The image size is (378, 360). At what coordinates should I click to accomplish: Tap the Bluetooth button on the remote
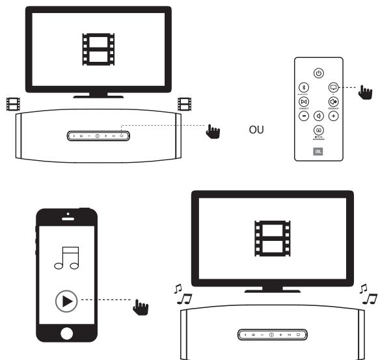(x=303, y=87)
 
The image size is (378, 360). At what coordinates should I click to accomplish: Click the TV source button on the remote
(x=333, y=87)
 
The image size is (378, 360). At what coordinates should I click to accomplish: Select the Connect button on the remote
(x=303, y=102)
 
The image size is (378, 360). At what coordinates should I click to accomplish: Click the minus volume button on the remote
(x=303, y=116)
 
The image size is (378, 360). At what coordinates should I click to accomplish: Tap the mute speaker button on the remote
(x=318, y=116)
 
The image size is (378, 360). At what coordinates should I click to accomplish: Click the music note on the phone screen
(x=67, y=255)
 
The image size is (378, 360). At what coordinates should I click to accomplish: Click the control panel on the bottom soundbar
(x=271, y=334)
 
